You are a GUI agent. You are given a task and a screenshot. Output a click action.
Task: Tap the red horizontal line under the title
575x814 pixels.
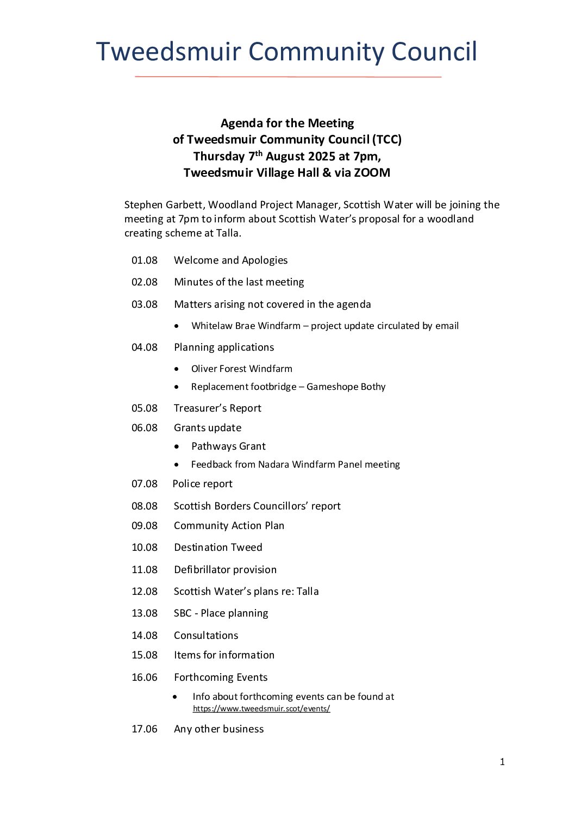point(287,77)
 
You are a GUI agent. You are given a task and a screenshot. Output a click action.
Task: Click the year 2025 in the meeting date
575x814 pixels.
point(321,157)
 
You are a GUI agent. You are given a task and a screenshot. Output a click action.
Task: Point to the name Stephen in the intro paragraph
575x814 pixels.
point(142,205)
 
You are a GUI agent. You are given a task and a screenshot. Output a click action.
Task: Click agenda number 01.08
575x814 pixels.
point(145,260)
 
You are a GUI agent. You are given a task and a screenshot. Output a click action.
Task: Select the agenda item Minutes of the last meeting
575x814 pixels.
point(239,282)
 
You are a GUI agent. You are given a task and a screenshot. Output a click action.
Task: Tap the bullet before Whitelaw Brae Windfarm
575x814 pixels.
point(177,326)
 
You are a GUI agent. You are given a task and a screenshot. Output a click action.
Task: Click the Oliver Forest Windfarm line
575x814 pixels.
point(241,369)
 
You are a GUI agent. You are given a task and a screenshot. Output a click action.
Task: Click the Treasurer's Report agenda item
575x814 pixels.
point(217,408)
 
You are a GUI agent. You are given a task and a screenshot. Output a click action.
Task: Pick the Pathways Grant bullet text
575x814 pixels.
point(228,446)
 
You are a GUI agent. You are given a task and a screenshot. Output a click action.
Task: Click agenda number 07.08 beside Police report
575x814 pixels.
point(145,484)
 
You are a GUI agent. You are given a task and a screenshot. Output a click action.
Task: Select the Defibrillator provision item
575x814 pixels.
point(225,570)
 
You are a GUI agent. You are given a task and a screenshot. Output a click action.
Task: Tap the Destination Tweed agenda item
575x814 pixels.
point(218,548)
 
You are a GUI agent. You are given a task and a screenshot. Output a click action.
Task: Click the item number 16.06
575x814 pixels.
point(145,678)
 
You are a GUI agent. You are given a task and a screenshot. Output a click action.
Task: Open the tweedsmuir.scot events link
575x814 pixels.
point(261,709)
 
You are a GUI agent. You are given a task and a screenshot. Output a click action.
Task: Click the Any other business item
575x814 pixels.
point(218,729)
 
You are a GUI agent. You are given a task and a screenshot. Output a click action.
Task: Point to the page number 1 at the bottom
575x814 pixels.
point(502,762)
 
